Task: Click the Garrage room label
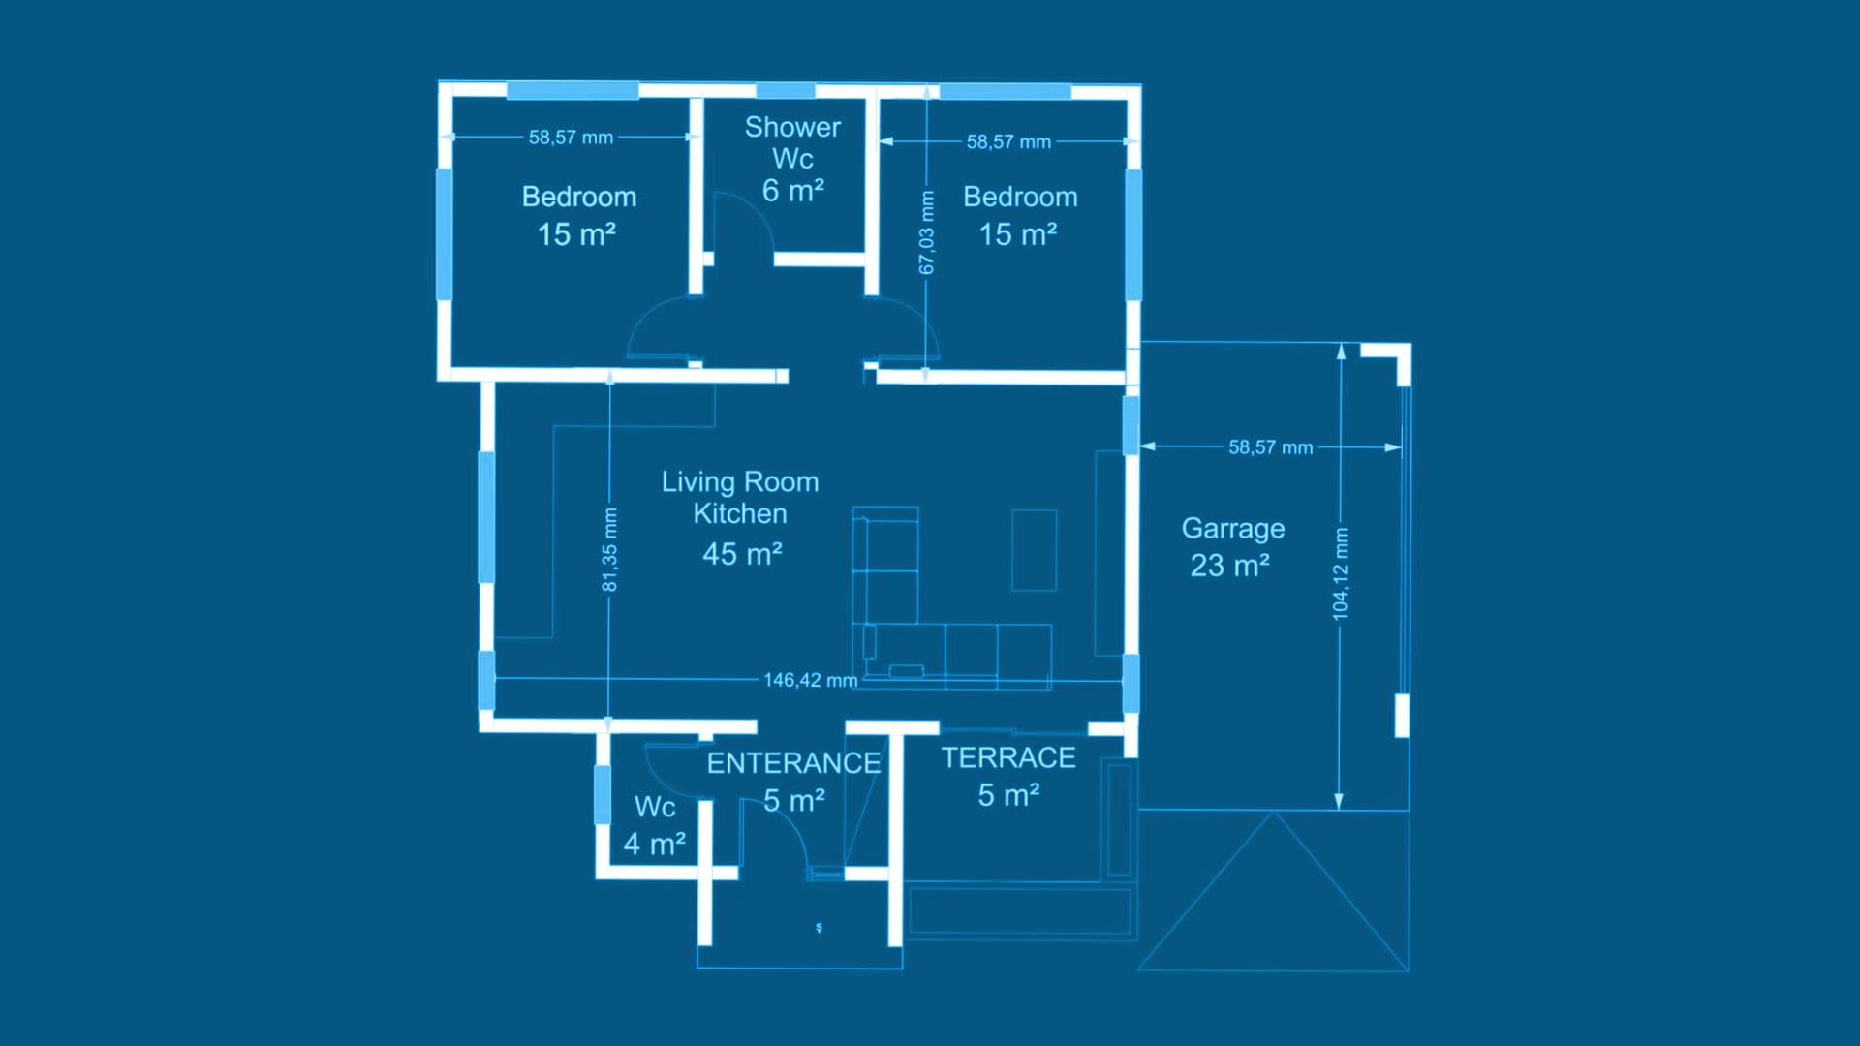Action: click(1232, 530)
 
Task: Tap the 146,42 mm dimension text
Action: click(811, 680)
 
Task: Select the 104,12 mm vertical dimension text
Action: click(1340, 574)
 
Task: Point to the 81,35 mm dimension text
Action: click(609, 549)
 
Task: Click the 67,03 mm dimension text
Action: click(927, 232)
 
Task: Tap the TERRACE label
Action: click(1008, 757)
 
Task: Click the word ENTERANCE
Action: click(793, 763)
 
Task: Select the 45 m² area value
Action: click(742, 554)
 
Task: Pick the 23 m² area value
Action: click(1229, 566)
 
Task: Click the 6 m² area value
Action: click(792, 191)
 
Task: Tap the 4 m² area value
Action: click(655, 844)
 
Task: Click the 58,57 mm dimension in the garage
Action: click(1270, 447)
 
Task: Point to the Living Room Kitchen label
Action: click(740, 498)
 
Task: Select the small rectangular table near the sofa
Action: click(1034, 550)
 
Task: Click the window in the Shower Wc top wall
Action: click(785, 91)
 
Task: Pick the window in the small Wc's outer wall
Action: click(602, 794)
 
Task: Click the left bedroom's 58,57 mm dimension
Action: click(571, 138)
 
